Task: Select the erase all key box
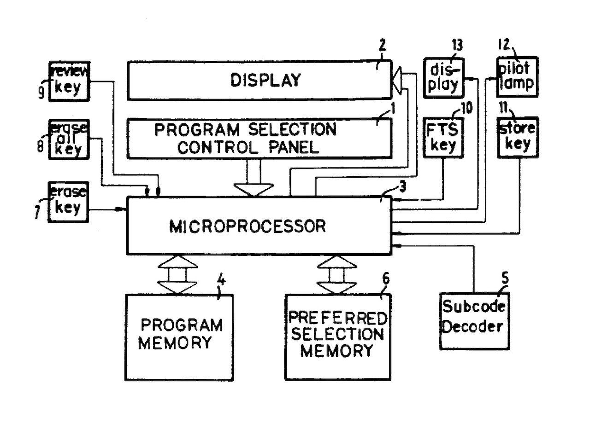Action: [69, 139]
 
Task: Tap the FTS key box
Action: [443, 138]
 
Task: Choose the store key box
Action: [518, 138]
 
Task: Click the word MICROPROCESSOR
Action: [248, 226]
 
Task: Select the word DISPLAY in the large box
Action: [265, 80]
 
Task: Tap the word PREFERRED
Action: [337, 318]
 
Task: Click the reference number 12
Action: [504, 45]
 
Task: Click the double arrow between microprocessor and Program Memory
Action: [177, 275]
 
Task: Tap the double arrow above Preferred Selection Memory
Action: [337, 275]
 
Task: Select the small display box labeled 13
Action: [444, 77]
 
